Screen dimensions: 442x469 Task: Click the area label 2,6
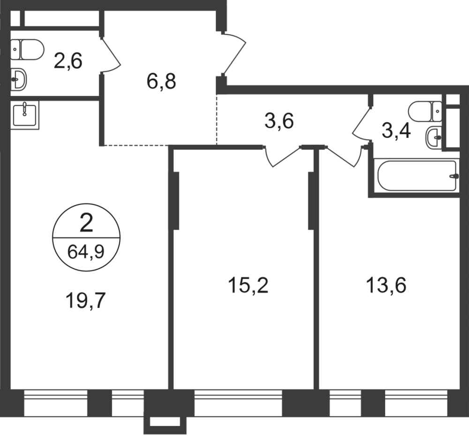tap(68, 61)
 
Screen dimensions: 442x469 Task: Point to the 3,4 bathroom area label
tap(396, 131)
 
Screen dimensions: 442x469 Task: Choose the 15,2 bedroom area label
tap(248, 285)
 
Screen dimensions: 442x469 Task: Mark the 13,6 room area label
tap(386, 285)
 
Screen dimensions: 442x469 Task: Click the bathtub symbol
tap(416, 176)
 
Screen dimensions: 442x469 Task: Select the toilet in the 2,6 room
tap(28, 49)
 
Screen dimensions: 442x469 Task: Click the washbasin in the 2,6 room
tap(20, 79)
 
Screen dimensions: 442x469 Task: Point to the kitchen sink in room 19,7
tap(25, 114)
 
